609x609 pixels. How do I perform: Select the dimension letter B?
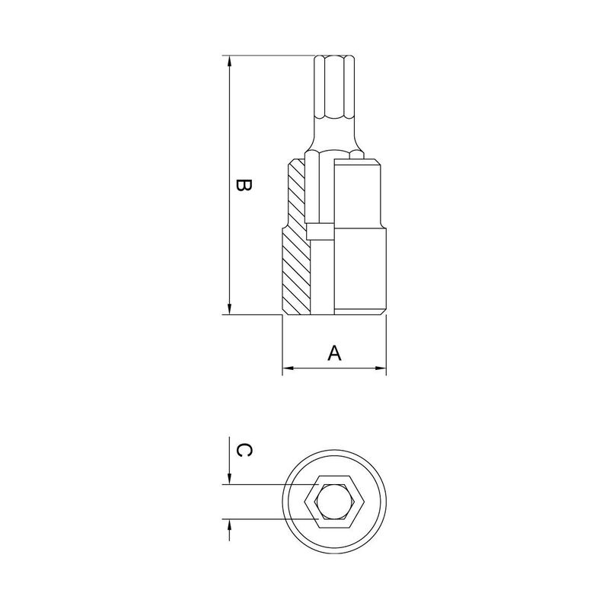point(243,186)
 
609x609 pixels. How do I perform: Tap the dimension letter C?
point(243,451)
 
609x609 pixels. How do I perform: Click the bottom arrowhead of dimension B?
point(229,308)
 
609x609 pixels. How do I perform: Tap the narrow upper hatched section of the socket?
point(296,190)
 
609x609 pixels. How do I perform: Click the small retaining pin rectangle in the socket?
point(320,231)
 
